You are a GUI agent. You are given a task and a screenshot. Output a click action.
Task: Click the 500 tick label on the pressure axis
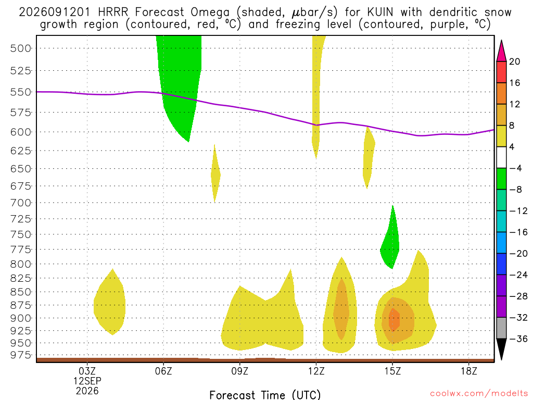click(x=21, y=48)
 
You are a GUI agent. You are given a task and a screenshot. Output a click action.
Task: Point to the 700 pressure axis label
click(x=21, y=203)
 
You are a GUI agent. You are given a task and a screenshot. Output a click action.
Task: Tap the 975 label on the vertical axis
click(x=21, y=355)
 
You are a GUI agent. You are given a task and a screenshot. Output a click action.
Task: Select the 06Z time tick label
click(x=163, y=371)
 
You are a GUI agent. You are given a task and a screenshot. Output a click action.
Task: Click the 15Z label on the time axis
click(x=392, y=371)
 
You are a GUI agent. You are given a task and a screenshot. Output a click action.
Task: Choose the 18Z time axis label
click(x=469, y=371)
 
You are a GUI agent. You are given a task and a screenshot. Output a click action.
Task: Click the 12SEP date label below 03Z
click(x=87, y=381)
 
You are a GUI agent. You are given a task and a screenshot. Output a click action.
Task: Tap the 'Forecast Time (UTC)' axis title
click(x=265, y=395)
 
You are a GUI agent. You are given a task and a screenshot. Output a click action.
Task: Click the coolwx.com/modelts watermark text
click(x=479, y=394)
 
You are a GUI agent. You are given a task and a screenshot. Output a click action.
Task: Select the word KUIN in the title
click(x=380, y=12)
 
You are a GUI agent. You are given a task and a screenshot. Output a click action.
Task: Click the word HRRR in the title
click(x=113, y=12)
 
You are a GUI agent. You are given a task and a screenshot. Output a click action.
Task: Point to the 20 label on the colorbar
click(x=515, y=61)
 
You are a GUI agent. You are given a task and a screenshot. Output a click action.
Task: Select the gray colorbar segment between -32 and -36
click(x=501, y=328)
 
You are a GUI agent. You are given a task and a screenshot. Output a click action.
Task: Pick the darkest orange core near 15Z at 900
click(x=395, y=320)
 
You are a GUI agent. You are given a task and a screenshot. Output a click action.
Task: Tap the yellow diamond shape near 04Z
click(x=109, y=302)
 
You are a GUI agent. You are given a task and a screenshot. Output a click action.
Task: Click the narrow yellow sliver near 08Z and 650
click(x=215, y=174)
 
